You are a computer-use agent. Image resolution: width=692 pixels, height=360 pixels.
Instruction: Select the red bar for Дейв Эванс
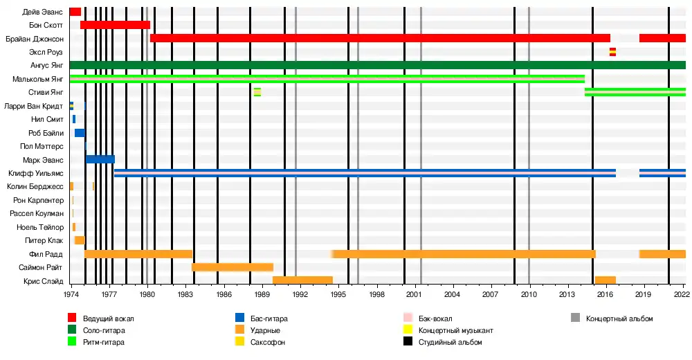tap(75, 12)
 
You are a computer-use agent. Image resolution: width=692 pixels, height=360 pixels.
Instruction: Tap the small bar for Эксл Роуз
tap(612, 52)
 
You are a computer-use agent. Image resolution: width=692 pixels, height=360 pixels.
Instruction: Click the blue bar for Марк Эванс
tap(100, 159)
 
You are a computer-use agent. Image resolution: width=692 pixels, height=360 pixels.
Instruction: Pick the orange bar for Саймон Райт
tap(233, 267)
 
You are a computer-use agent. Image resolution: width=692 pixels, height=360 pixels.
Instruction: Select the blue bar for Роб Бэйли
tap(80, 132)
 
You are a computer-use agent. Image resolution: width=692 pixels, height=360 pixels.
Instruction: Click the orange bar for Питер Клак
tap(80, 240)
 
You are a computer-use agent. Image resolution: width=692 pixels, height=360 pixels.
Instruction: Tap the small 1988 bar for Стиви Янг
tap(257, 92)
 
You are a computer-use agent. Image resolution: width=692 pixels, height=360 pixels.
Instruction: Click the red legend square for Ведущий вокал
tap(72, 318)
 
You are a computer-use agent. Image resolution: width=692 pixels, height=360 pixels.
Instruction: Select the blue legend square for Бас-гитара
tap(239, 318)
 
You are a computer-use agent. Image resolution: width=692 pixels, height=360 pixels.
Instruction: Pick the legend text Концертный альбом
tap(619, 318)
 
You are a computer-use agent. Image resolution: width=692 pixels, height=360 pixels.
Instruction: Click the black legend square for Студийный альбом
tap(408, 342)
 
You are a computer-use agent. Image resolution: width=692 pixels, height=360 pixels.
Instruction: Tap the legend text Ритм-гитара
tap(106, 342)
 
